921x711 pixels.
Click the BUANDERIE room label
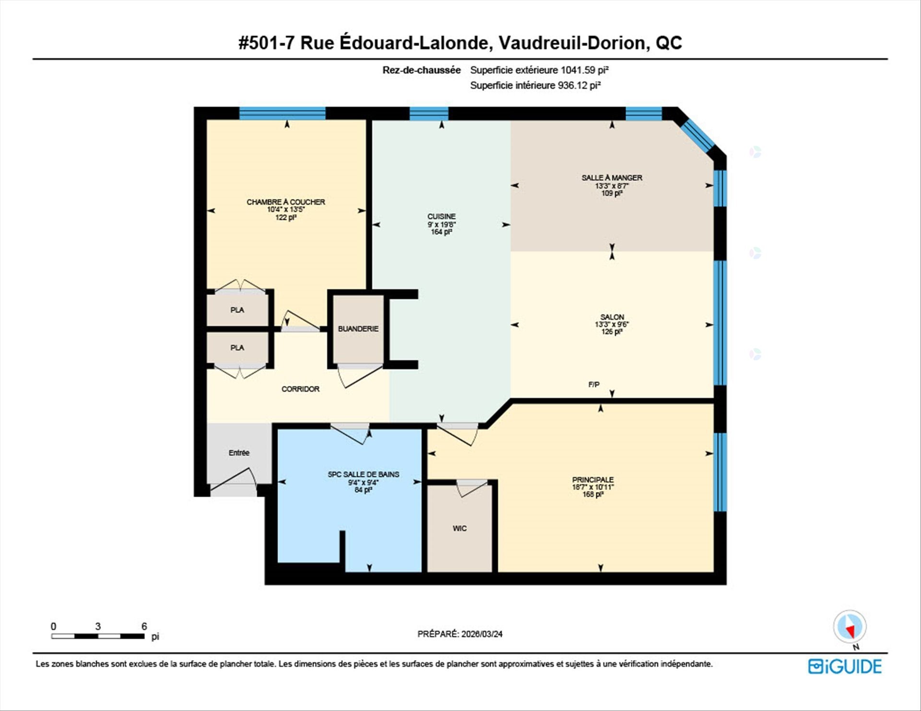pos(358,329)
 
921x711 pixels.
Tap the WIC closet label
pos(460,528)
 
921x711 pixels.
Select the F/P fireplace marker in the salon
pos(594,385)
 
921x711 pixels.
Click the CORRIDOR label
pos(300,389)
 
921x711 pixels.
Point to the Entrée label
pos(239,453)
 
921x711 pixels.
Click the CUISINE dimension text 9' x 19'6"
pos(441,224)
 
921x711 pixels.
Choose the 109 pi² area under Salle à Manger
pos(612,193)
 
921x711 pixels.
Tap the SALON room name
pos(612,317)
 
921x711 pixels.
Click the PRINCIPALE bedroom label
pos(593,479)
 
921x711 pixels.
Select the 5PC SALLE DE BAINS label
pos(364,474)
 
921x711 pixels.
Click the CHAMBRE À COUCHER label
pos(286,202)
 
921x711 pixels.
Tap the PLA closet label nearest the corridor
pos(237,348)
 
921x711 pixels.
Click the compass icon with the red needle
pos(850,627)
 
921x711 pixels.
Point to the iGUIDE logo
pos(845,666)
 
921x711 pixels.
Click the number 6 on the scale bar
pos(144,626)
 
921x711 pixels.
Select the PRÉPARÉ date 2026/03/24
pos(482,634)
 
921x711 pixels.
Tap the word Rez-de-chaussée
pos(422,70)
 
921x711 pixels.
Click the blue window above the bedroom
pos(283,113)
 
